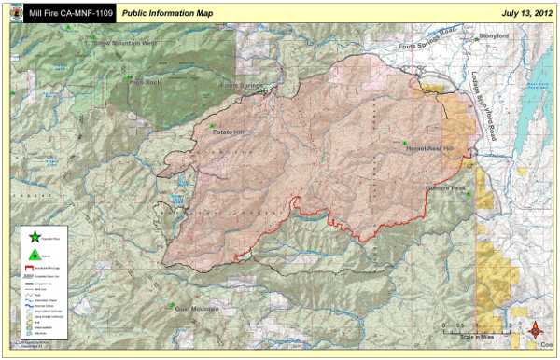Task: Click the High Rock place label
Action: tap(147, 82)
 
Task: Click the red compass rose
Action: tap(536, 329)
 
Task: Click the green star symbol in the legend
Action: tap(35, 238)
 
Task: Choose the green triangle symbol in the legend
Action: tap(35, 254)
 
